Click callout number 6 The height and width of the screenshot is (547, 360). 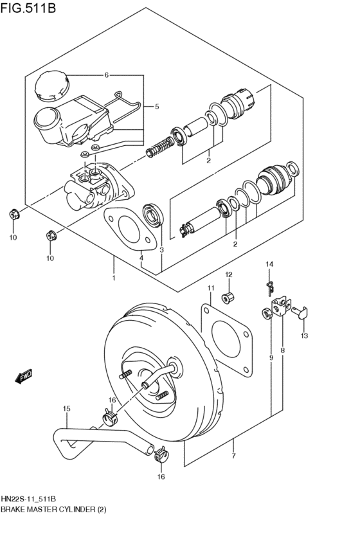click(107, 75)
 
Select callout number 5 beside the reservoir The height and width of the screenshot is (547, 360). click(156, 107)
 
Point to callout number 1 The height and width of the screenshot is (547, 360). click(113, 278)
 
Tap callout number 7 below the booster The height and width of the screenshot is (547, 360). click(233, 456)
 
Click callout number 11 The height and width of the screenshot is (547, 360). click(210, 287)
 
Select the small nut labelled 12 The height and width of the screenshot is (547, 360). click(228, 298)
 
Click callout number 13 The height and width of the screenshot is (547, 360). click(304, 336)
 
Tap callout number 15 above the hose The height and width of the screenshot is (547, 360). click(66, 408)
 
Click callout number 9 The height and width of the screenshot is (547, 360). click(271, 357)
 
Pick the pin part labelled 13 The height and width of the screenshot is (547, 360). click(301, 312)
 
